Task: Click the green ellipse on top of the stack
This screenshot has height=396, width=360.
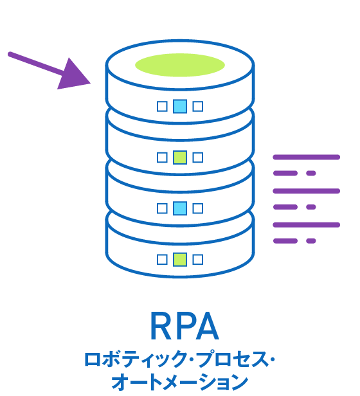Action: (180, 65)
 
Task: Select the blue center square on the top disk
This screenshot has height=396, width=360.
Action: (180, 106)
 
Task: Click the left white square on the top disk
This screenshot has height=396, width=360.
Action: (162, 106)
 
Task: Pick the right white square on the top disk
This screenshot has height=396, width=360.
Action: (198, 106)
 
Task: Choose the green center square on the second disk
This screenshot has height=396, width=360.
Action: (180, 157)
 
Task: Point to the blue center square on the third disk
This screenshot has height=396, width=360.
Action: (180, 208)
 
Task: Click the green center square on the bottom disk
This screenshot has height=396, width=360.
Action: (180, 259)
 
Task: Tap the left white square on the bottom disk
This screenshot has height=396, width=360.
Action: (162, 259)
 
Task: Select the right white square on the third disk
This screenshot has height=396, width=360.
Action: (198, 208)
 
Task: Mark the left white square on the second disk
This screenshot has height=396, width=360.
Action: (162, 157)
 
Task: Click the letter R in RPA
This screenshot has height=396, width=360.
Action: (161, 327)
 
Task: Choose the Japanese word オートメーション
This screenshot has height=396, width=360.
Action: (179, 381)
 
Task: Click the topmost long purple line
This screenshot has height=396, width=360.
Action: (306, 157)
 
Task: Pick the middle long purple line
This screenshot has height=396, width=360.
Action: (306, 191)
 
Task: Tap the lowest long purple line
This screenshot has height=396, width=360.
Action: (306, 224)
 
